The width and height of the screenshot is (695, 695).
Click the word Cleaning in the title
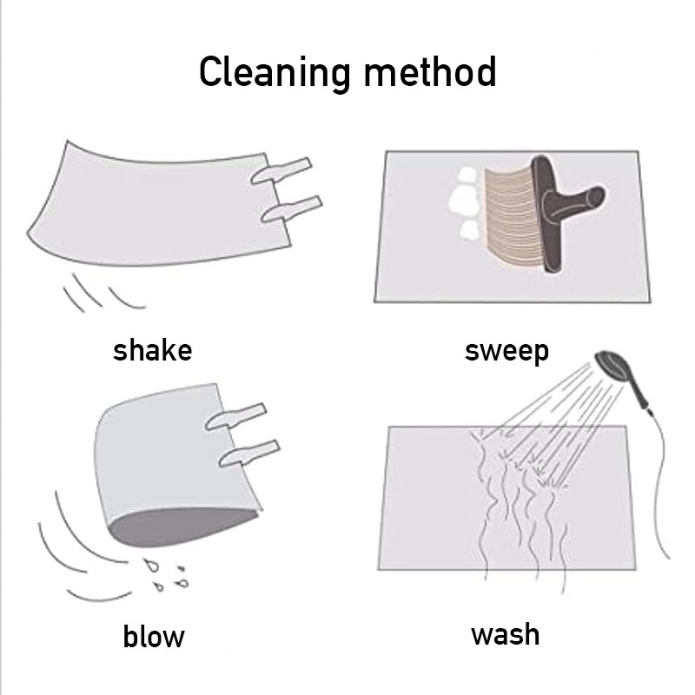tap(275, 73)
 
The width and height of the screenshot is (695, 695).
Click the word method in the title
tap(430, 72)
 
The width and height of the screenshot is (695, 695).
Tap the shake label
tap(153, 350)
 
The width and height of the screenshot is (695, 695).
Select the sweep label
tap(506, 352)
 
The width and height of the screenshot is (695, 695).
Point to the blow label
tap(154, 637)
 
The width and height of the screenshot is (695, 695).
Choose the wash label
tap(506, 634)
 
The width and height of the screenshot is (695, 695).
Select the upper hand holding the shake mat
tap(281, 170)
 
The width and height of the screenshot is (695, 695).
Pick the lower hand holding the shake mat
tap(292, 208)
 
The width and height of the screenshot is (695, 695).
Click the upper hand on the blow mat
tap(235, 416)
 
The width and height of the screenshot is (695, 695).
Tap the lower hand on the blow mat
tap(249, 453)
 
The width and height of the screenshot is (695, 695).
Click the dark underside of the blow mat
tap(182, 526)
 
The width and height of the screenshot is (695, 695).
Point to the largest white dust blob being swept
tap(464, 201)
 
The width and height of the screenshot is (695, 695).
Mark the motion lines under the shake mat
tap(103, 293)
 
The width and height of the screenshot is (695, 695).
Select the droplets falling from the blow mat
tap(167, 575)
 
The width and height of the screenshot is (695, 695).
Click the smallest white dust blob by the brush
tap(468, 230)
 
